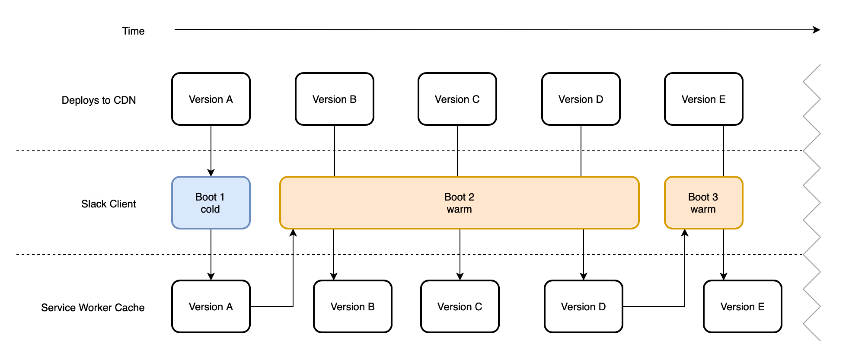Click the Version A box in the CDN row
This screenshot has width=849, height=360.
coord(211,99)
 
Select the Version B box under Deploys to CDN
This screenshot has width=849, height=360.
coord(335,99)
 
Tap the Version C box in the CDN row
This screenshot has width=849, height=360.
coord(457,99)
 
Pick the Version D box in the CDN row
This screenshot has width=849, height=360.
coord(581,99)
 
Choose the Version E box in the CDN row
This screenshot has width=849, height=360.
coord(704,99)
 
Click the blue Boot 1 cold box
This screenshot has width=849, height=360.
coord(211,203)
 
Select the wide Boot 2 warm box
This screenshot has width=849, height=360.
coord(460,203)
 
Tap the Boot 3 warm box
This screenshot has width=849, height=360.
coord(704,203)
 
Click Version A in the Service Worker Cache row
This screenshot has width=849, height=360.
coord(211,306)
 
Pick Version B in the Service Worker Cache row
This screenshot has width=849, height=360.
coord(353,306)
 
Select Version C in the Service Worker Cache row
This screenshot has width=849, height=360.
coord(460,306)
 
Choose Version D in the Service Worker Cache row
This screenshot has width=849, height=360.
coord(584,306)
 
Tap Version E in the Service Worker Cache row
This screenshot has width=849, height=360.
coord(743,306)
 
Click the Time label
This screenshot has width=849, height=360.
coord(133,31)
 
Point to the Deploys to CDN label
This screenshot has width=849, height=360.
coord(99,100)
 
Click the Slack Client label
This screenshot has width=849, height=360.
coord(109,204)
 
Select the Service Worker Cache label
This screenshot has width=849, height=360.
coord(93,308)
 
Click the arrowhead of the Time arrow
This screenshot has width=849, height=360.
coord(817,30)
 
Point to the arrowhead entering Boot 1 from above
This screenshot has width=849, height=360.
coord(211,172)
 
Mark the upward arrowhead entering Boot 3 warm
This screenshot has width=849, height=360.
coord(685,233)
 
